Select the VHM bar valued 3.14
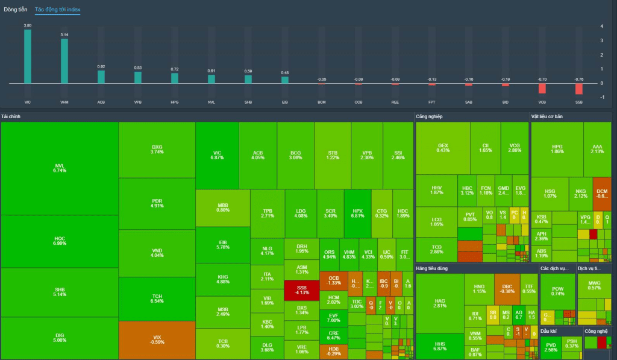64,61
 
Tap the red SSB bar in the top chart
579,88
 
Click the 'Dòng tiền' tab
16,10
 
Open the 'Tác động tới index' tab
57,10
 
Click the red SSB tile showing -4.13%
301,289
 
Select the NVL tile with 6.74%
60,168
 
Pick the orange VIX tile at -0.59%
157,340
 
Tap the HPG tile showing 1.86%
557,149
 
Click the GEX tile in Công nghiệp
443,148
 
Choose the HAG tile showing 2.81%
440,303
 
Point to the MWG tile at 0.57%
594,285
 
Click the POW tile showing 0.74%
557,290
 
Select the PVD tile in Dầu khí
551,347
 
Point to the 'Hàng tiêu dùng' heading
436,267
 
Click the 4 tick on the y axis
602,26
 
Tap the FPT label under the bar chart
431,103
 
